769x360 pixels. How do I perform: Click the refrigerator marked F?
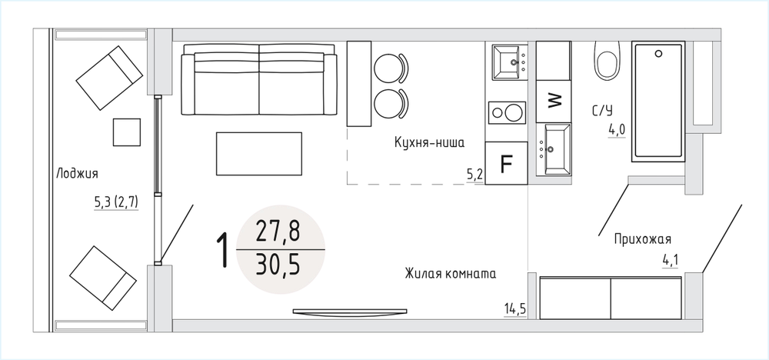click(506, 163)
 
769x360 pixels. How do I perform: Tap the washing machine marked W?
click(553, 102)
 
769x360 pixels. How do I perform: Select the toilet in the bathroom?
click(608, 60)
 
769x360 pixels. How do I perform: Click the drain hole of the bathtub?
click(658, 53)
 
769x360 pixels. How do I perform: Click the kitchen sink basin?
click(506, 62)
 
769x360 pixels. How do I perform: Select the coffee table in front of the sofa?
click(259, 154)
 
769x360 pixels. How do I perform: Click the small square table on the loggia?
click(127, 132)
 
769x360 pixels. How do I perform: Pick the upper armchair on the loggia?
click(109, 78)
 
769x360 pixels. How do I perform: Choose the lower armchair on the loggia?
click(103, 278)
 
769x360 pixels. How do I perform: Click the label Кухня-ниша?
click(429, 143)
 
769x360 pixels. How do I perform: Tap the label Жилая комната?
click(450, 273)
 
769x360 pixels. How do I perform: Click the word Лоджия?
click(77, 173)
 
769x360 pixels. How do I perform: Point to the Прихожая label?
click(642, 239)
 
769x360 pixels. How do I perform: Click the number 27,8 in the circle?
click(278, 231)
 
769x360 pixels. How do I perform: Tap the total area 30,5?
click(278, 266)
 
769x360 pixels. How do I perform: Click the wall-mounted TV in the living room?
click(350, 312)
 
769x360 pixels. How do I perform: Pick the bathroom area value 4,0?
click(617, 131)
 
